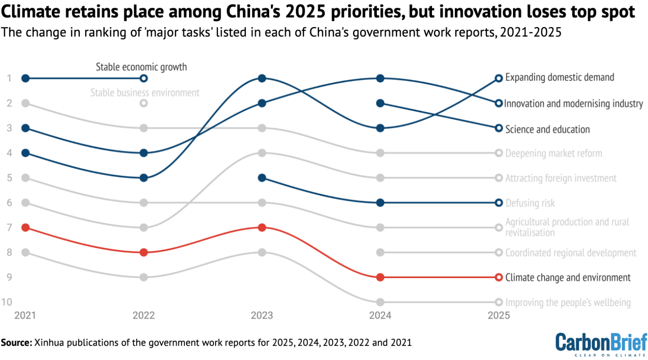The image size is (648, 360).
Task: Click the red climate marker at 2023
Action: point(262,227)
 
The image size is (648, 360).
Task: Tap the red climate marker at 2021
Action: point(25,227)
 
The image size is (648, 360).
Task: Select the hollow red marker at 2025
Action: point(499,277)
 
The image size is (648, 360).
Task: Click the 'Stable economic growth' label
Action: point(141,67)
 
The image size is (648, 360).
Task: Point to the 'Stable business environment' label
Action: point(145,93)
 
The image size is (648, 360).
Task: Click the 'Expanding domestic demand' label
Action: point(559,78)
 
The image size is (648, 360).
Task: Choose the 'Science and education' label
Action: point(547,130)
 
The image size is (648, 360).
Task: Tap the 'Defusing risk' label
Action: point(530,203)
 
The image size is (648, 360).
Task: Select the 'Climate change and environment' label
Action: point(567,278)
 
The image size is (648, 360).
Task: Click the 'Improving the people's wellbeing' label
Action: point(568,303)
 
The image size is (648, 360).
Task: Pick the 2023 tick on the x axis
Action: point(262,315)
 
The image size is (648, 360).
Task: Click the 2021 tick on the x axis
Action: point(25,315)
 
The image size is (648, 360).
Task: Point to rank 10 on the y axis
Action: point(7,302)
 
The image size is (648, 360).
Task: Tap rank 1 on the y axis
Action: point(9,78)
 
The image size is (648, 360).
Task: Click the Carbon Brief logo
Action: point(601,344)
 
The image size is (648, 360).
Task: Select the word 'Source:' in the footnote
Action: point(16,342)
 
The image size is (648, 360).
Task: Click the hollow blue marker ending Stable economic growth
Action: point(144,78)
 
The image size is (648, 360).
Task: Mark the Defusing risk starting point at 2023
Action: point(262,178)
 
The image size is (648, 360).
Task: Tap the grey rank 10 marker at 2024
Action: point(380,302)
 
